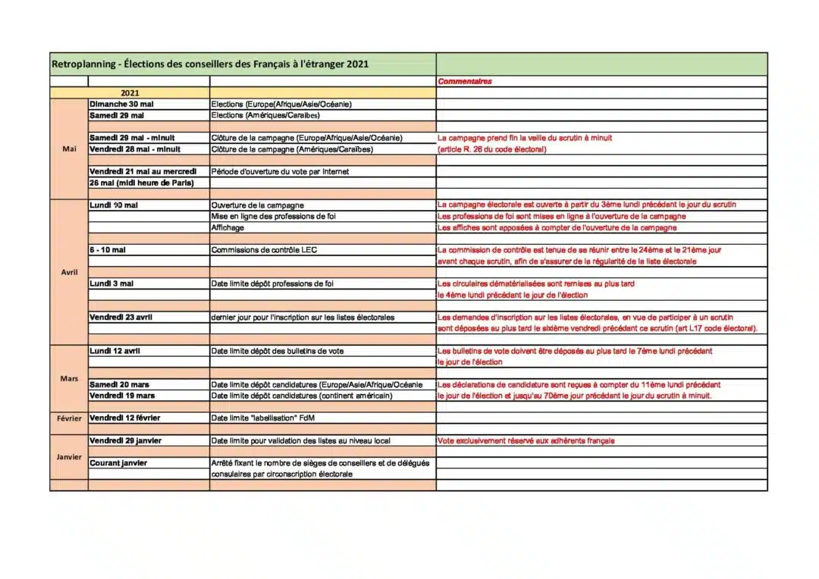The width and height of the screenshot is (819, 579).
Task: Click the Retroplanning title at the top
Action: click(210, 64)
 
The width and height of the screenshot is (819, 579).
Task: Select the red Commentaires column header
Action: click(465, 81)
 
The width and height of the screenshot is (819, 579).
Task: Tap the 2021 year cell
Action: click(130, 92)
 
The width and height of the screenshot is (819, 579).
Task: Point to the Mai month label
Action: click(69, 149)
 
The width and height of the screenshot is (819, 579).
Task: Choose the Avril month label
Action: click(69, 271)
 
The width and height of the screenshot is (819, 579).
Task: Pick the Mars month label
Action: click(69, 378)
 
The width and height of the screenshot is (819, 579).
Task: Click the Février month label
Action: click(69, 418)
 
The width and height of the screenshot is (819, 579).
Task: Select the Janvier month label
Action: click(69, 457)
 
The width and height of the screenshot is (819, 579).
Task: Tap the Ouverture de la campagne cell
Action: click(257, 205)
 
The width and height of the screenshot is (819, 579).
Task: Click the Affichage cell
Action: click(227, 227)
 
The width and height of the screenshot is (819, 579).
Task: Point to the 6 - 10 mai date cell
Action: click(108, 250)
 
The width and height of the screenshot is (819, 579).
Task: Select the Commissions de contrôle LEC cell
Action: click(264, 250)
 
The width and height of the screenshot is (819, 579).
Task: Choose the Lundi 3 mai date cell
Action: click(111, 283)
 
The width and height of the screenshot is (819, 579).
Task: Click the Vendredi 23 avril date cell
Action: click(121, 317)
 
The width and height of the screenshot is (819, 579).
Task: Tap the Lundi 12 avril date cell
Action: click(115, 351)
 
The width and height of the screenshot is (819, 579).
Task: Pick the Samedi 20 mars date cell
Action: click(119, 385)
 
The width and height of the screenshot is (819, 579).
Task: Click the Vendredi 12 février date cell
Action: click(125, 418)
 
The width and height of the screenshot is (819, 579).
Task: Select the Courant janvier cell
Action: click(118, 463)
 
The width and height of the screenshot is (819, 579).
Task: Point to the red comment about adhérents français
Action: click(526, 441)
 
